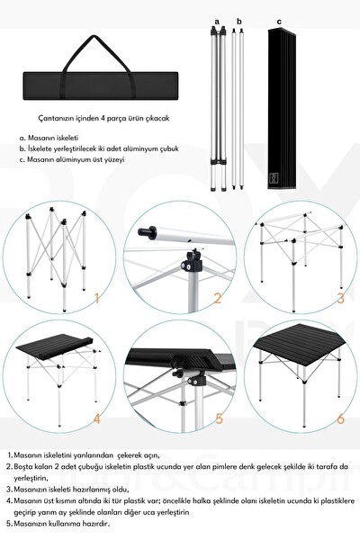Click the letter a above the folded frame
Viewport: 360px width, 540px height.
[217, 20]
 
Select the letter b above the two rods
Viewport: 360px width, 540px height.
[239, 20]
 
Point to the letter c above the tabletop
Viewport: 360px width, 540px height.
[279, 20]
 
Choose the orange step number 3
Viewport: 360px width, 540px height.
[340, 298]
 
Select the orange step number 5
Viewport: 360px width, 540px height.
[217, 419]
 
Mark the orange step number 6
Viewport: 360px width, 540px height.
[340, 418]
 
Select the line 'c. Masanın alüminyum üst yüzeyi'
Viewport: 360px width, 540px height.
[71, 159]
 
